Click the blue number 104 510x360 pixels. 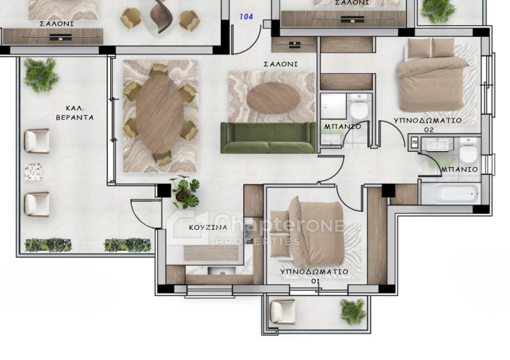pos(246,17)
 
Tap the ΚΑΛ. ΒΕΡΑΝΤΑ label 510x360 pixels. pos(75,113)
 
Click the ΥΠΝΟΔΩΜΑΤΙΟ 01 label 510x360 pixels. pos(314,276)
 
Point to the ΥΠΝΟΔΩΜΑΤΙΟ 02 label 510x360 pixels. pos(428,125)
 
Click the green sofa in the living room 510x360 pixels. pos(268,138)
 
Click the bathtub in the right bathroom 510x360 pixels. pos(451,194)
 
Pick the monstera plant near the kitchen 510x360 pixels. pos(185,192)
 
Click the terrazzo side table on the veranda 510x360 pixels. pos(33,172)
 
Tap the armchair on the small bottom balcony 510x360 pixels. pos(283,311)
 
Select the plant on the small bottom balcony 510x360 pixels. pos(353,311)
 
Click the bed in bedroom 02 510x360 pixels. pos(431,74)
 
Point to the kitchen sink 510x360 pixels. pos(222,271)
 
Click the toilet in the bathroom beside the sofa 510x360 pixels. pos(358,107)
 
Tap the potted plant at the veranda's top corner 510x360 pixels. pos(41,75)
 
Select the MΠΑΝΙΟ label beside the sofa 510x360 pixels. pos(342,126)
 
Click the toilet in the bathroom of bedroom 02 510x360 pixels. pos(468,150)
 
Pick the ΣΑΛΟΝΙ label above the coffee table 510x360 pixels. pos(281,64)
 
